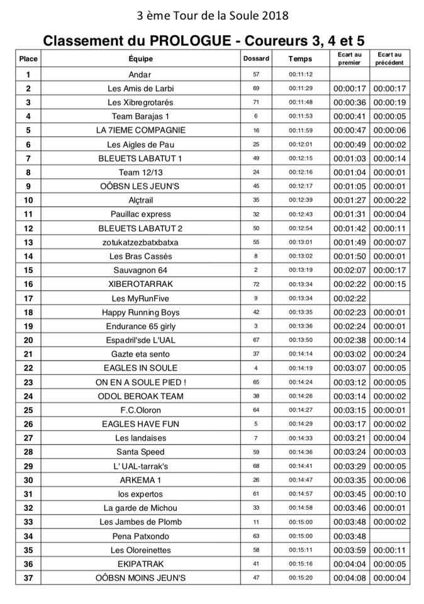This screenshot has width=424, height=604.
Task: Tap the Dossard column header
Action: (x=256, y=59)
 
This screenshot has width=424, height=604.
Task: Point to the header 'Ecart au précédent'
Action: (x=389, y=59)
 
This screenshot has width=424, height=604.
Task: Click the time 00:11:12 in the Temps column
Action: (x=300, y=74)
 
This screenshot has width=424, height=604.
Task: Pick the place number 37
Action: (x=28, y=578)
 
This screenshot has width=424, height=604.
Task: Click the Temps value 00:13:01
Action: (x=300, y=242)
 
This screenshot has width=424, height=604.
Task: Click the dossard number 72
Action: (x=256, y=284)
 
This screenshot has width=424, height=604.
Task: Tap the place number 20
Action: (x=28, y=340)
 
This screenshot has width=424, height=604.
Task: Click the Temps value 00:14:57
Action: (x=300, y=494)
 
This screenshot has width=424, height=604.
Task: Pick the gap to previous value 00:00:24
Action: (x=389, y=354)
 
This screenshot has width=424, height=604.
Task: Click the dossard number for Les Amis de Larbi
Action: (x=256, y=88)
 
